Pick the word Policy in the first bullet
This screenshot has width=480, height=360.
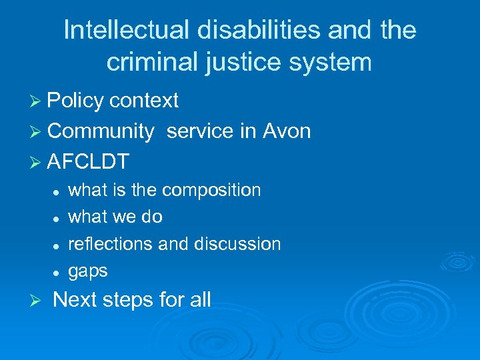click(76, 101)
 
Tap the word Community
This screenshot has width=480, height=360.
click(101, 131)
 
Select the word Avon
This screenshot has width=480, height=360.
click(287, 131)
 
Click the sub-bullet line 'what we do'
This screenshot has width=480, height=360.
click(115, 217)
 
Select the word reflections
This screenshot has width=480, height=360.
click(111, 244)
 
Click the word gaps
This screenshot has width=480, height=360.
click(88, 271)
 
